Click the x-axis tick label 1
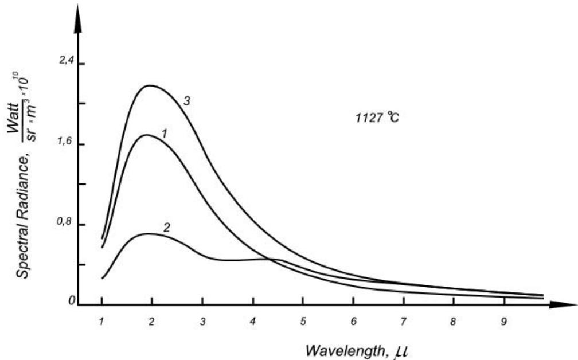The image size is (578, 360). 101,322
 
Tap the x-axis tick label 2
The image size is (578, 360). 151,322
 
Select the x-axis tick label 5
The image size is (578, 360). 303,322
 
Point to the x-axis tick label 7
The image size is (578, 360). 404,322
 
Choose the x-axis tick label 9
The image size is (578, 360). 504,322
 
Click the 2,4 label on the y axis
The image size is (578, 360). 68,62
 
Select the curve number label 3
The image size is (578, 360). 187,101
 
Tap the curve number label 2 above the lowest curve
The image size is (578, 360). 166,227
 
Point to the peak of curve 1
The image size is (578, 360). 147,135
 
